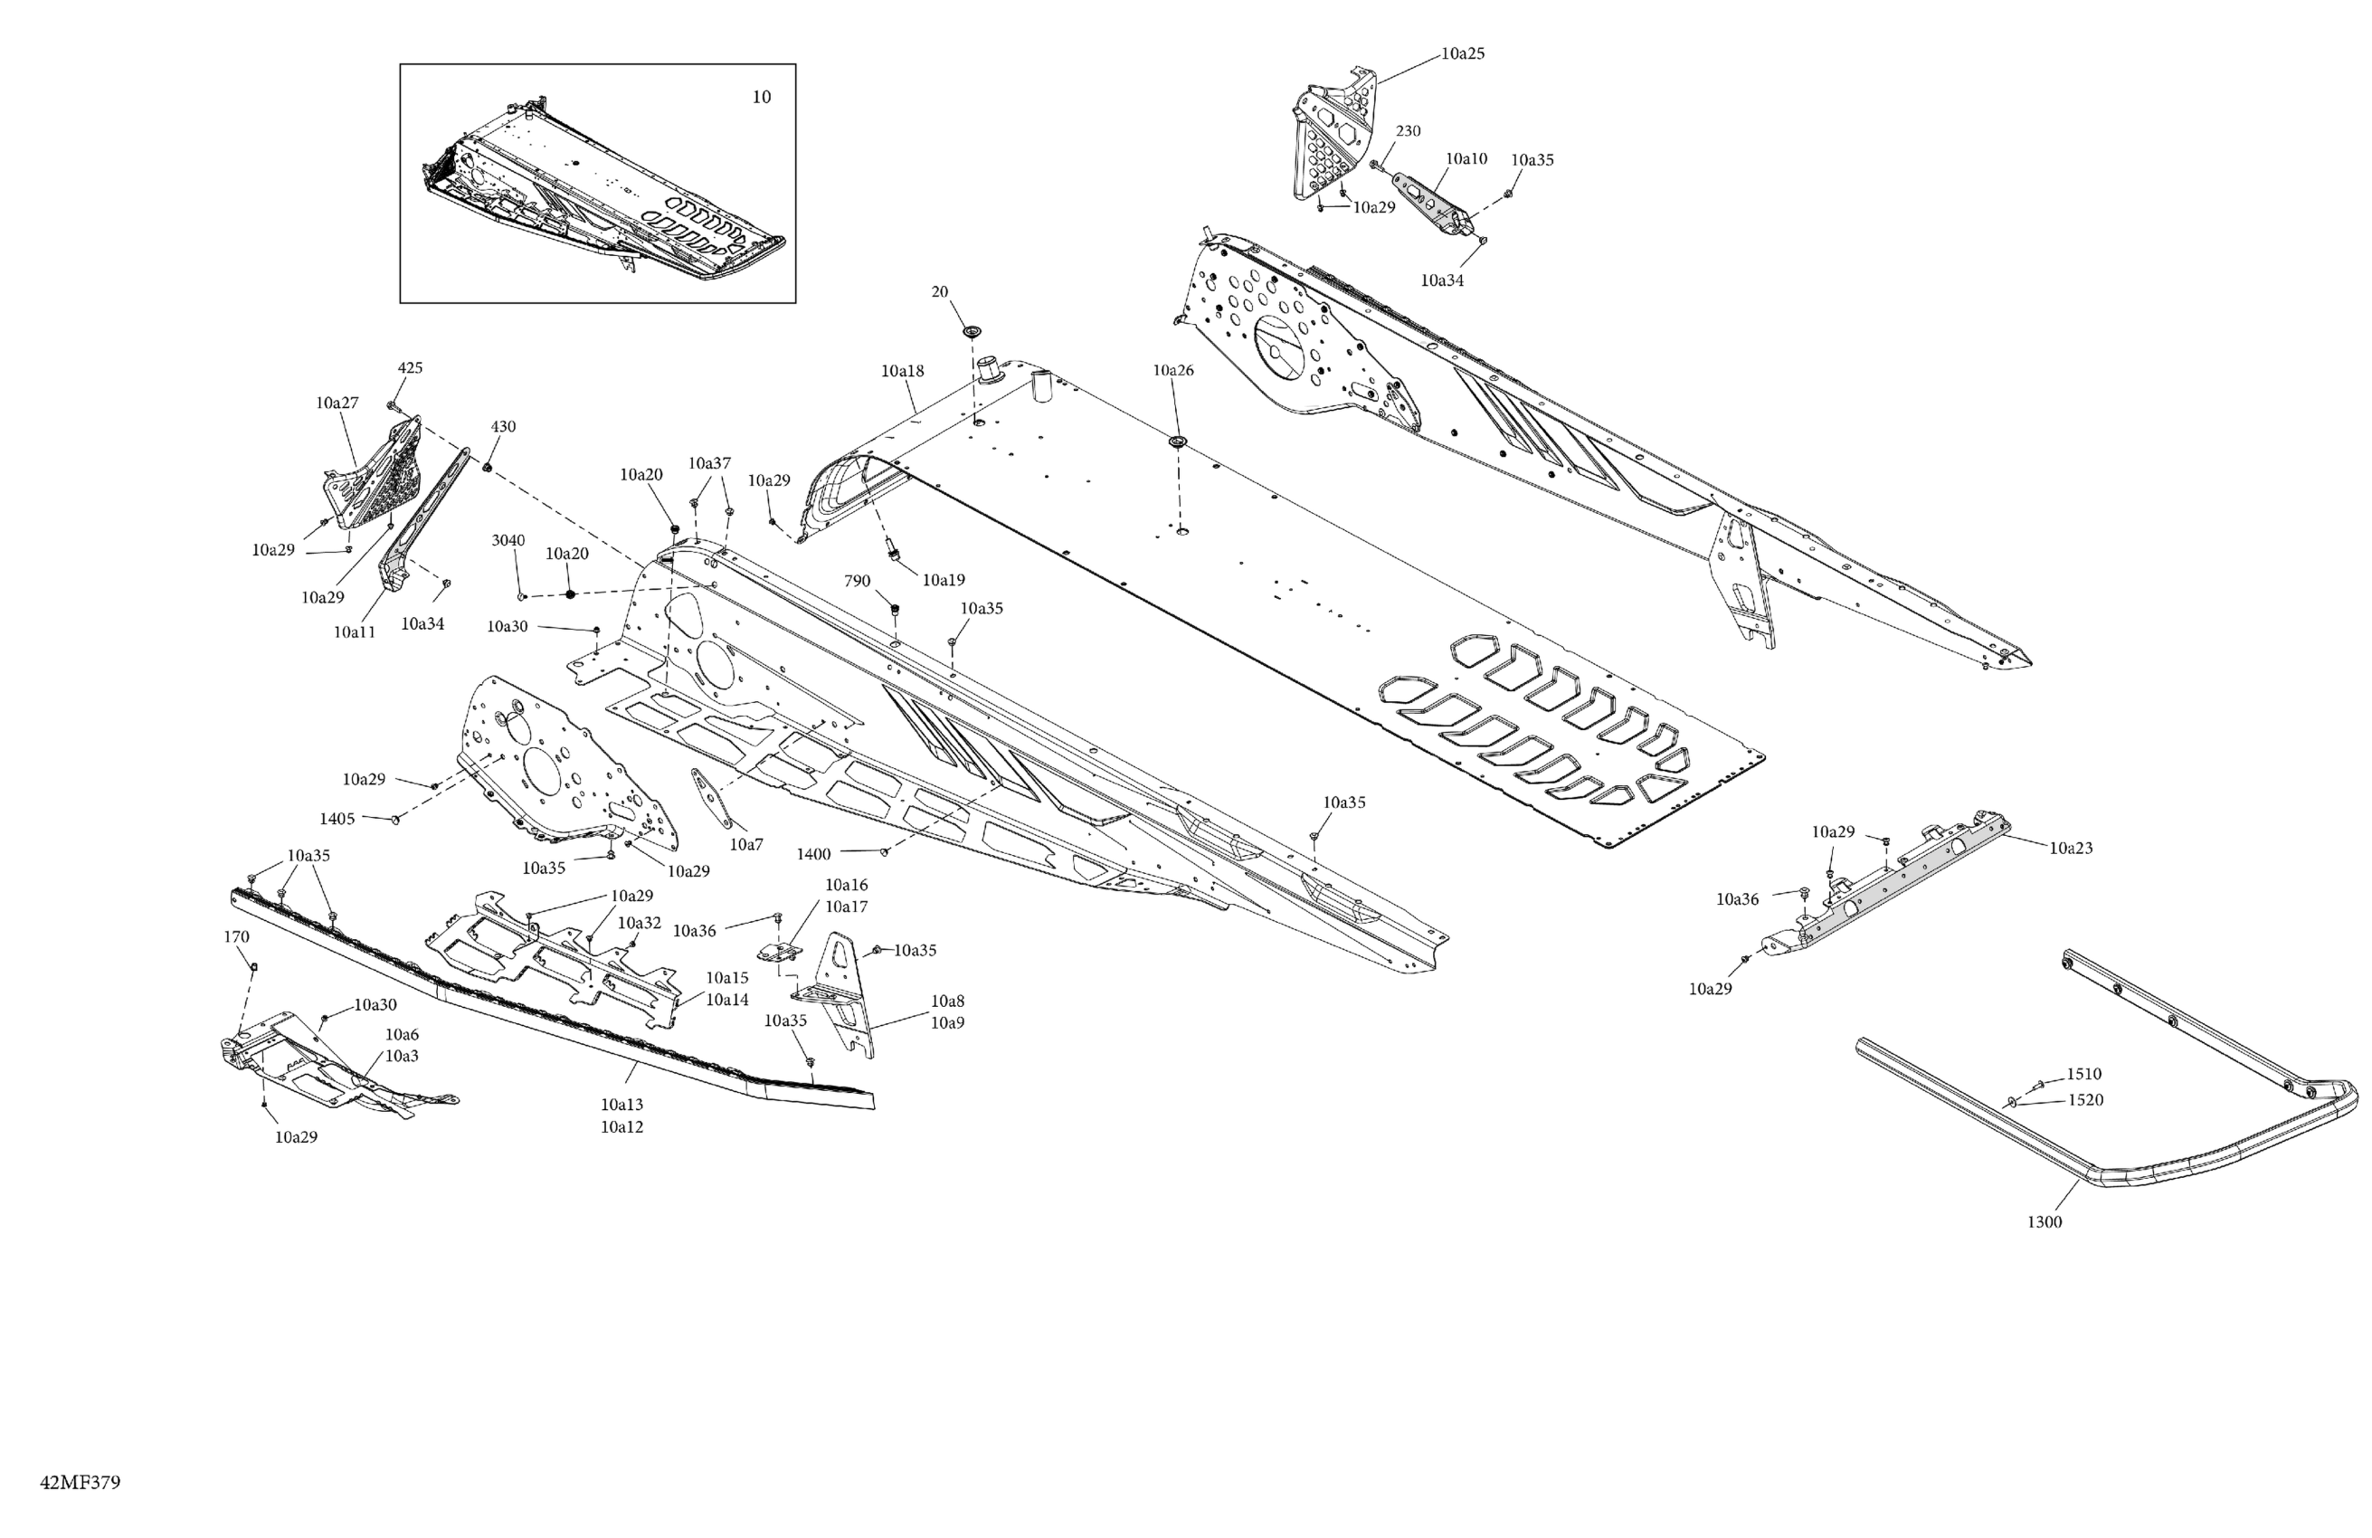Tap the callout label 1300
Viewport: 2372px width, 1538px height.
(x=2045, y=1222)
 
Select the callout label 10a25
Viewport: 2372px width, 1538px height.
(x=1462, y=53)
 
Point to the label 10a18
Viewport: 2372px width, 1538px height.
(x=902, y=371)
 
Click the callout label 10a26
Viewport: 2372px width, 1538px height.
(x=1173, y=370)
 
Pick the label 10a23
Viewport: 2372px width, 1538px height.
(x=2071, y=849)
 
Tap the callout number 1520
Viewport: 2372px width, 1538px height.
(x=2085, y=1099)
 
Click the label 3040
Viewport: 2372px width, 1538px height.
(x=508, y=540)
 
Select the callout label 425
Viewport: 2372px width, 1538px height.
(x=410, y=368)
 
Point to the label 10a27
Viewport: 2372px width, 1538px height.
(x=337, y=403)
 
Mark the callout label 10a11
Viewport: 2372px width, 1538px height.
(x=354, y=632)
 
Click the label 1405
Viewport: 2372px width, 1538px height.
(x=337, y=820)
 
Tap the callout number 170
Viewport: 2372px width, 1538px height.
(x=236, y=937)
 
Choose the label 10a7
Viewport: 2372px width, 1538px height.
(x=746, y=844)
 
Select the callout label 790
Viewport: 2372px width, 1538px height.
(x=857, y=581)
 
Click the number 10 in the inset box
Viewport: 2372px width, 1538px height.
(x=761, y=97)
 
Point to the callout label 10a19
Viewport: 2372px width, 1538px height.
(x=943, y=580)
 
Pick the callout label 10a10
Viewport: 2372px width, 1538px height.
(x=1466, y=158)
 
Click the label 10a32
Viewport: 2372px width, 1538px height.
(x=639, y=923)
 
